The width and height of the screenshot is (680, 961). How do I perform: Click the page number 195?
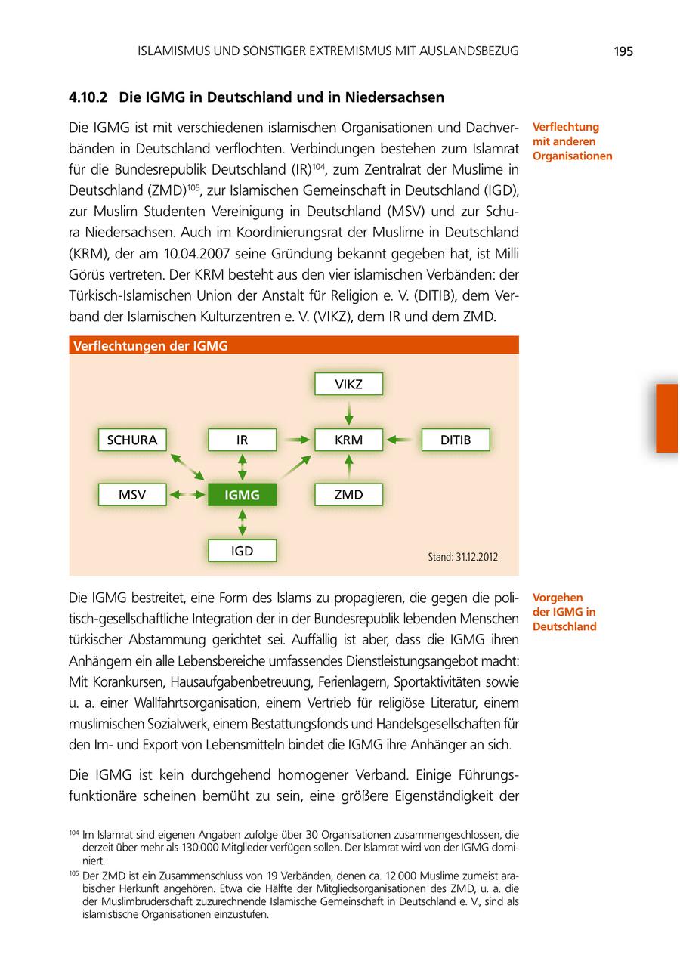[623, 51]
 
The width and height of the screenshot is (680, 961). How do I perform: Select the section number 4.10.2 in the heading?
[88, 97]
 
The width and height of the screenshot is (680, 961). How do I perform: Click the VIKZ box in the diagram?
[348, 384]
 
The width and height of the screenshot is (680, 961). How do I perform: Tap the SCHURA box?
[132, 440]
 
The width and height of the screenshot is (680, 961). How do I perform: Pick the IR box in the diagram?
[242, 440]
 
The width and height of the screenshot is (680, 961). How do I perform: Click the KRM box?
[348, 440]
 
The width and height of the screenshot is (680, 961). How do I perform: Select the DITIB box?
[455, 440]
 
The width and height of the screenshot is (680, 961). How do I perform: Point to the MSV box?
[132, 495]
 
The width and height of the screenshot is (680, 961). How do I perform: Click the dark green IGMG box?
[242, 495]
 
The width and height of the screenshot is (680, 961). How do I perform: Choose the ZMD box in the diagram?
[348, 495]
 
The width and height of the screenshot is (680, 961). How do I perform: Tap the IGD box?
[242, 551]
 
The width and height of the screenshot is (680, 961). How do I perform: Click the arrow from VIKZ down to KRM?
[348, 412]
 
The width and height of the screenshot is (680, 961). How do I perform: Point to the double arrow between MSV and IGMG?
[187, 495]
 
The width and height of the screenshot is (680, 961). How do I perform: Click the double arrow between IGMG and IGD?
[242, 523]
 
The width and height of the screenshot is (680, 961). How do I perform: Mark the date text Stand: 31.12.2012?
[462, 557]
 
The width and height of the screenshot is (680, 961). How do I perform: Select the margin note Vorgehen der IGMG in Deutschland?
[564, 612]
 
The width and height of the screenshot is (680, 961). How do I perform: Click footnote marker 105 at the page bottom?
[73, 874]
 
